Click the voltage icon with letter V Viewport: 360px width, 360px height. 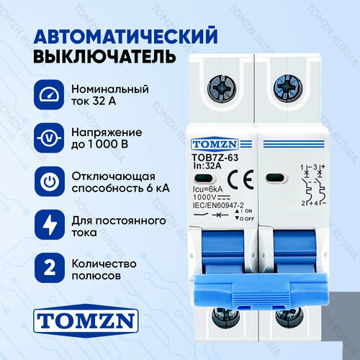[x=48, y=138]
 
